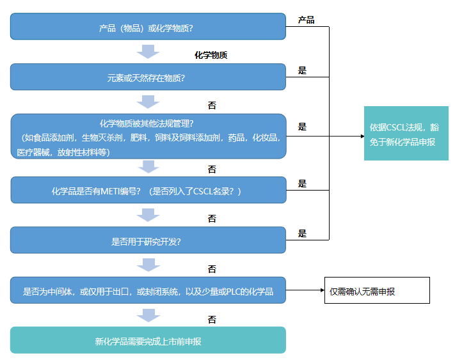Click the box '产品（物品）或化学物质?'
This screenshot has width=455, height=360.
(148, 27)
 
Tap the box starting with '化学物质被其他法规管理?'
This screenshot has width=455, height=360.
(148, 136)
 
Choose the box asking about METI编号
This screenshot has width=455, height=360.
(148, 191)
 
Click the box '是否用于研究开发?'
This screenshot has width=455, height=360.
(148, 241)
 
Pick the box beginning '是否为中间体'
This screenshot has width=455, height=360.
(148, 291)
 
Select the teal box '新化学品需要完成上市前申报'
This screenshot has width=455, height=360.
(148, 341)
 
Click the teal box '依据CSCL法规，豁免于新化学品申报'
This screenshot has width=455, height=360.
(406, 132)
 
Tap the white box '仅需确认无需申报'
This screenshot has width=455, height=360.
(377, 291)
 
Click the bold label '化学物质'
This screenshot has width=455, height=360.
(211, 55)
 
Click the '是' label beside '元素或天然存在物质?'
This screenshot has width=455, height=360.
(302, 70)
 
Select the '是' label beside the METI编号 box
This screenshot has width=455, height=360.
(302, 184)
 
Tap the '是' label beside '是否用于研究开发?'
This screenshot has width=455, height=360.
(302, 233)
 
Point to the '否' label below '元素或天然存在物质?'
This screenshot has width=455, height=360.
(212, 104)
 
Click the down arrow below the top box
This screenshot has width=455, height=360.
(148, 52)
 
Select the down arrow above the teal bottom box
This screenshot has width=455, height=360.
(148, 315)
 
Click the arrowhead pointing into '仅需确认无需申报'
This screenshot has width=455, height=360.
(323, 290)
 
